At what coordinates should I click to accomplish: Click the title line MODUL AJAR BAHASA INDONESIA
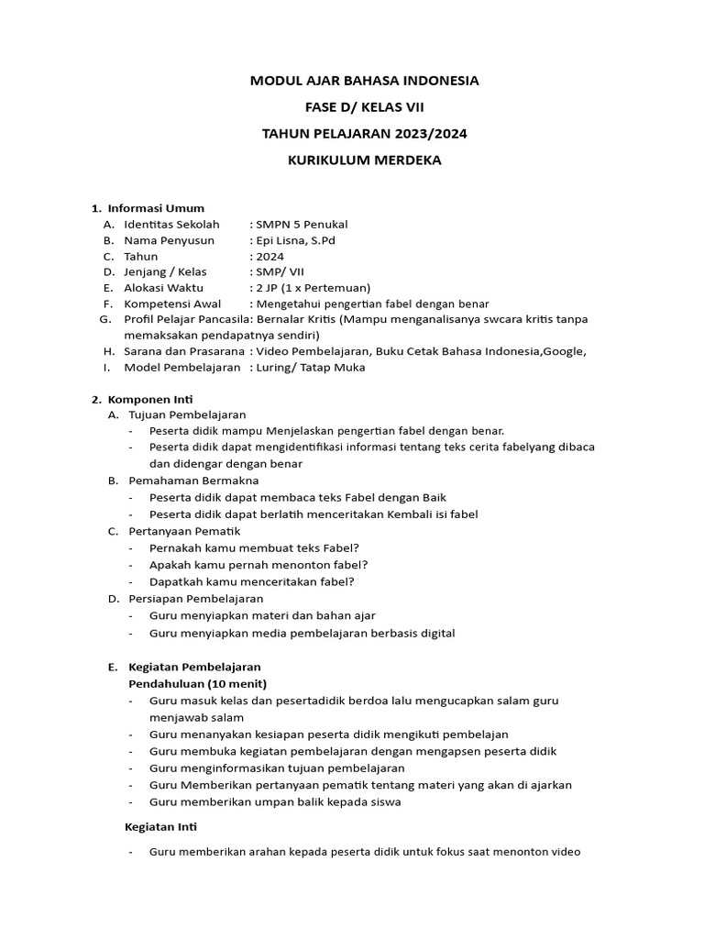[365, 81]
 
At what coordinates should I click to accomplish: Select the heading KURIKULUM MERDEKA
[365, 160]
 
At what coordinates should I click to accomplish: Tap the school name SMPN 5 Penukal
[302, 224]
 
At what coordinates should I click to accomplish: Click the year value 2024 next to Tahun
[269, 257]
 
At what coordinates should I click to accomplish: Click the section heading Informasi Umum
[156, 208]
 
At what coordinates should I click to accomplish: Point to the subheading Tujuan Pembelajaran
[187, 414]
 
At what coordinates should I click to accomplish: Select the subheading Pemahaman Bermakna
[193, 481]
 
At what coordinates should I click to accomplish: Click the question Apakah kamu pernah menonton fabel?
[258, 565]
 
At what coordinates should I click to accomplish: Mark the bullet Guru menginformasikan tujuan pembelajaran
[277, 768]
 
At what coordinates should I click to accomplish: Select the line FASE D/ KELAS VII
[365, 107]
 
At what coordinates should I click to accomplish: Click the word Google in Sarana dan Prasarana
[560, 350]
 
